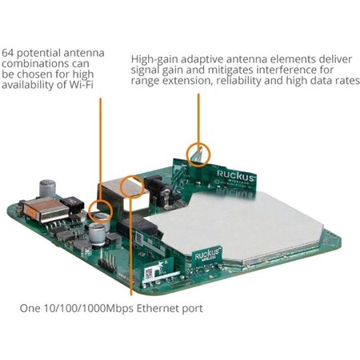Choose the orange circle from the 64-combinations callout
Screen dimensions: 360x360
tap(101, 212)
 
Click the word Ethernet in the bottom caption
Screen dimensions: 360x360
tap(156, 308)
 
